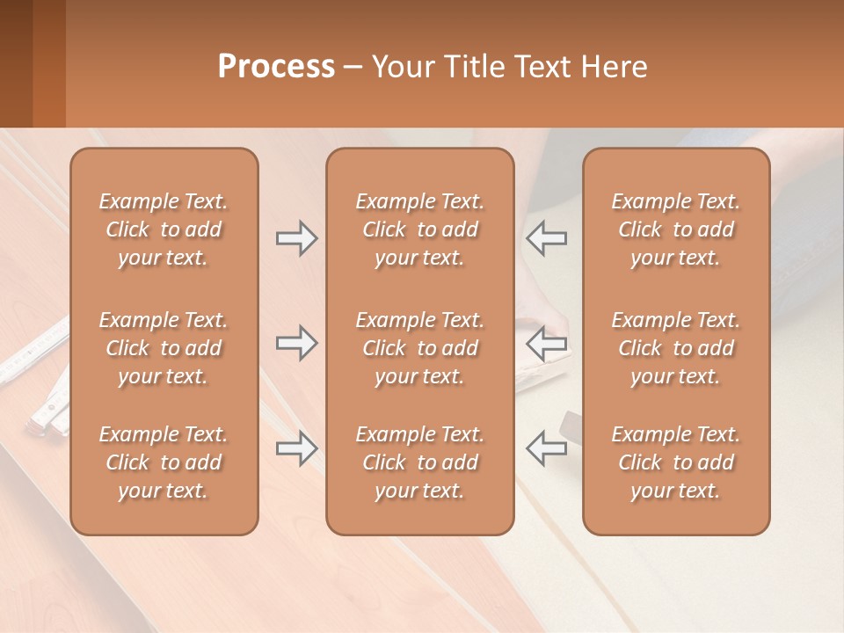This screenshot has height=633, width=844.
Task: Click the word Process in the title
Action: pos(276,67)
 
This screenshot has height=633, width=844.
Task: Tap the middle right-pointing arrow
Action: pos(296,343)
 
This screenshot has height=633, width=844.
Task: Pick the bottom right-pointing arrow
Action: pos(296,449)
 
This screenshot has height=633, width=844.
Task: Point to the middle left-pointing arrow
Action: pos(546,343)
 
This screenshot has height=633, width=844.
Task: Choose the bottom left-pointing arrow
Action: pos(546,449)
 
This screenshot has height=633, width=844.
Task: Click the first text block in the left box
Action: pos(164,229)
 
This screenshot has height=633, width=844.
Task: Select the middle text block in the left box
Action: pos(164,348)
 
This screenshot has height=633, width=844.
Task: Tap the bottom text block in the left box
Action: pos(164,462)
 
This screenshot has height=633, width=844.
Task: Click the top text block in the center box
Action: pos(419,229)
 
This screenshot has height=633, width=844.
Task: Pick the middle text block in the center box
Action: pos(419,348)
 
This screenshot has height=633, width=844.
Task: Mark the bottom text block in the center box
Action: pos(419,462)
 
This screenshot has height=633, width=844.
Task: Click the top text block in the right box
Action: pos(675,229)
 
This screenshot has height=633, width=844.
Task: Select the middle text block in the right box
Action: pos(675,348)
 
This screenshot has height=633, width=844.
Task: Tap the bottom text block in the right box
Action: pos(675,462)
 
